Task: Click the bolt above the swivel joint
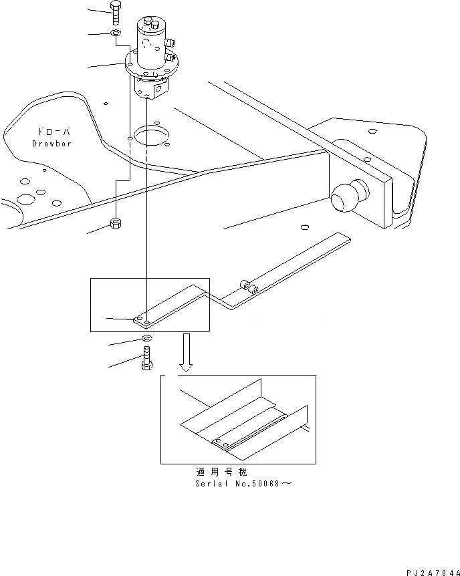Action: (114, 11)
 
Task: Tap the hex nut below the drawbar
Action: (116, 225)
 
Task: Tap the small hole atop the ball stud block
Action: (366, 158)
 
